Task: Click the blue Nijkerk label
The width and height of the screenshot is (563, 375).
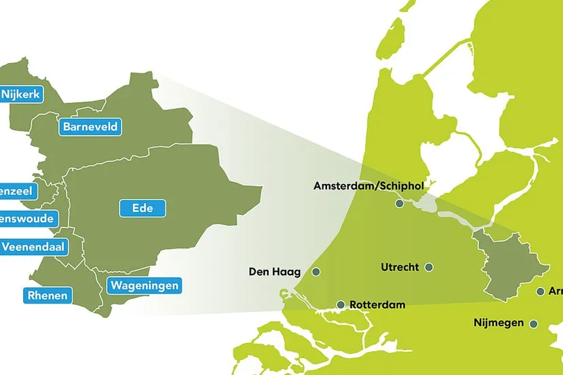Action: [x=22, y=94]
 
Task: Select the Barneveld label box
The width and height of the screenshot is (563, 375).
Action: [x=90, y=126]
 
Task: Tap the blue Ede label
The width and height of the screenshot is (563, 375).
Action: [x=143, y=209]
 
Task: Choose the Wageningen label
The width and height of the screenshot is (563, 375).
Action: [x=144, y=285]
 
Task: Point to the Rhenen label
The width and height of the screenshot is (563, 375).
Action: [x=47, y=295]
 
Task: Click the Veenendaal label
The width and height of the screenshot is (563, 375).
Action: [x=33, y=247]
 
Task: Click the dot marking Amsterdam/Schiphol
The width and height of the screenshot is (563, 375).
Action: [x=399, y=203]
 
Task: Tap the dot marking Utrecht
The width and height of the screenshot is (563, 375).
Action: [x=429, y=267]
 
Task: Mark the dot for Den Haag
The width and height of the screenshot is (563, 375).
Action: [x=315, y=272]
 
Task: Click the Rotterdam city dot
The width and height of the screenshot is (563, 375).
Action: [x=341, y=305]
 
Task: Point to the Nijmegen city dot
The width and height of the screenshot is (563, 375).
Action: [x=534, y=324]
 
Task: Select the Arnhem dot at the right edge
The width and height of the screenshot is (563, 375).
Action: [x=541, y=291]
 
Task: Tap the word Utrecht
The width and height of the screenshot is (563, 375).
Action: [x=400, y=267]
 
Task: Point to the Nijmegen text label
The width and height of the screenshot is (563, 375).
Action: [x=498, y=323]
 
